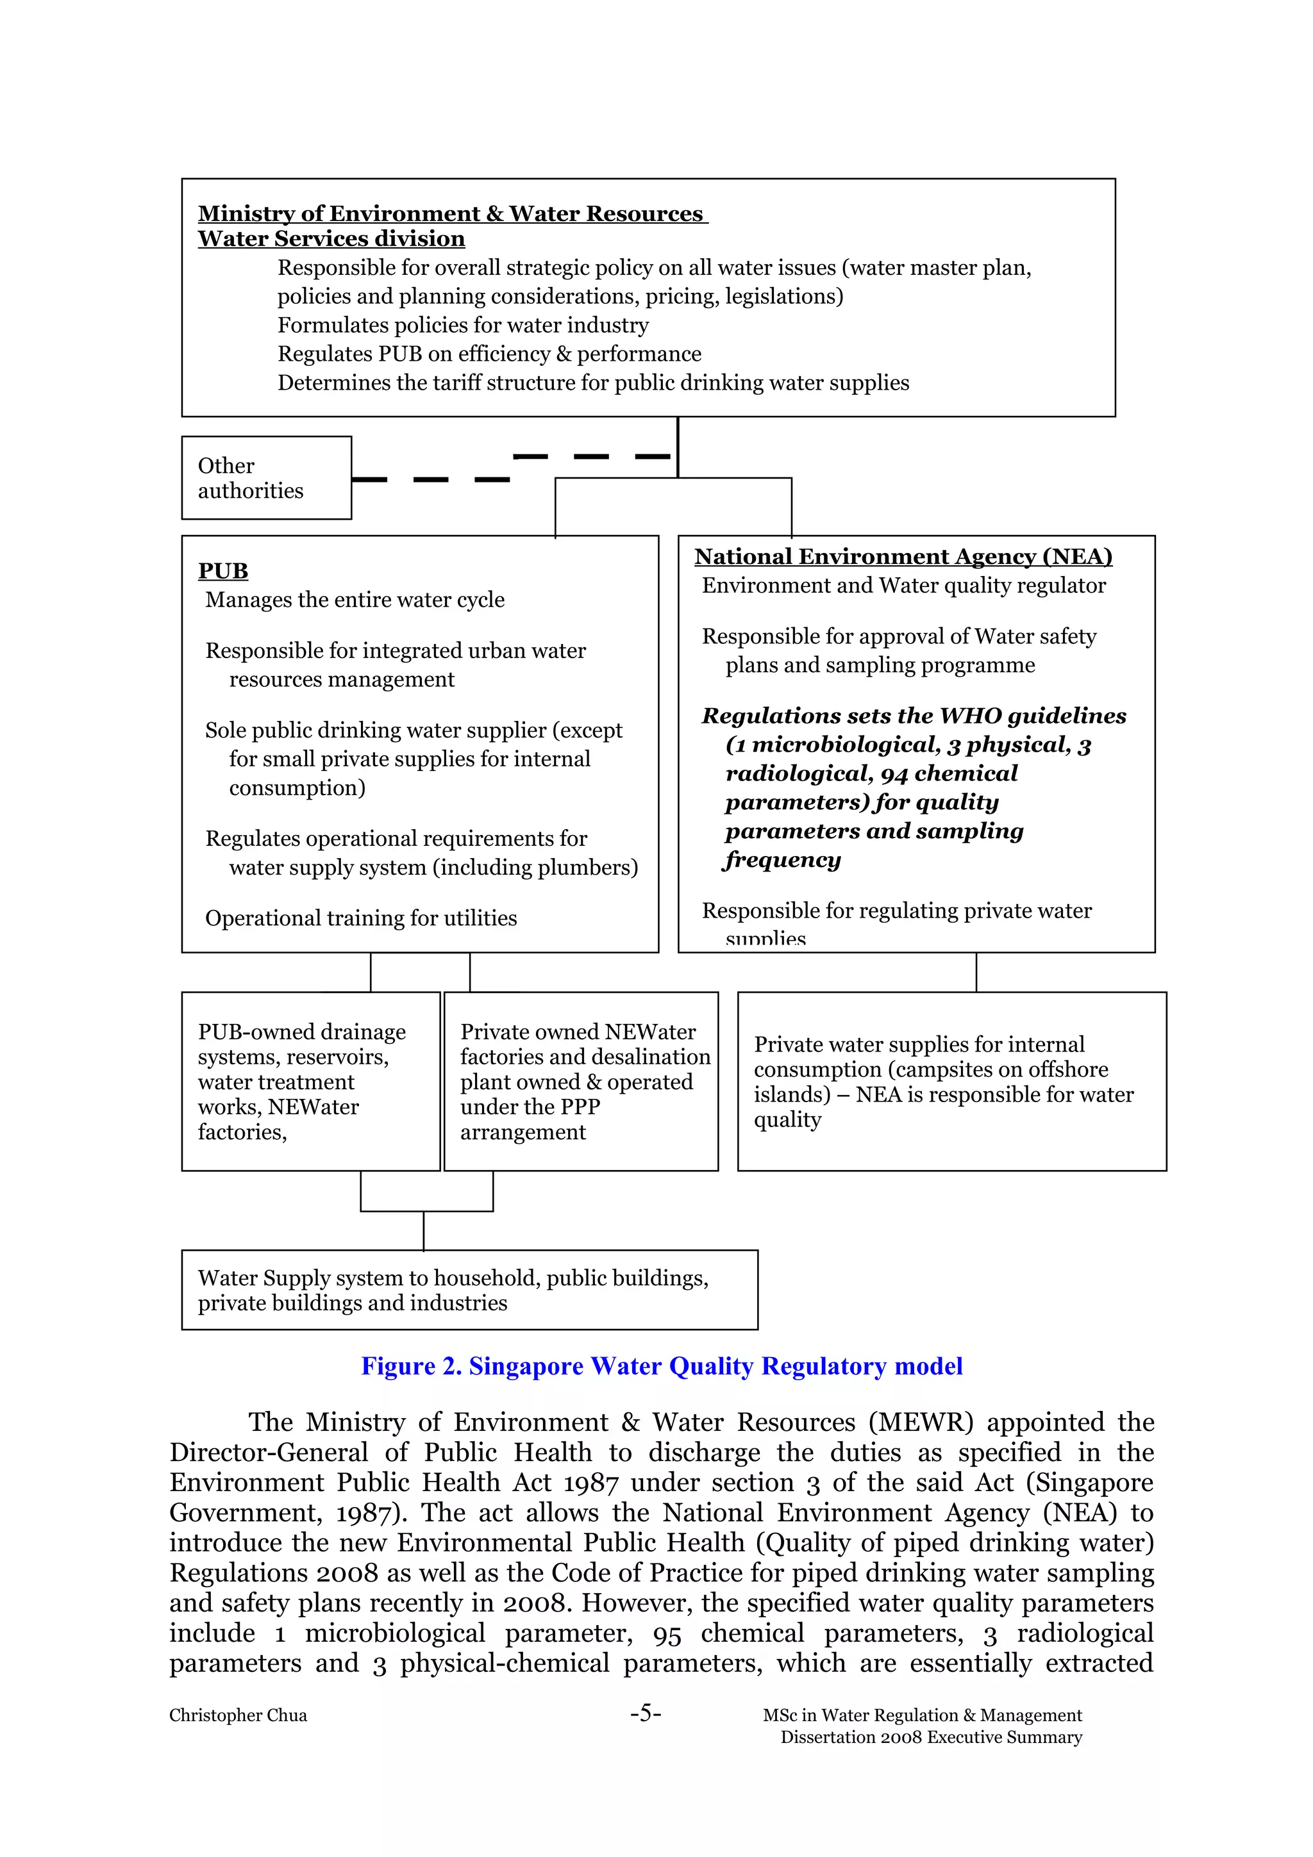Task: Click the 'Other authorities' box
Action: click(x=265, y=478)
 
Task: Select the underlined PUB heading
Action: click(x=222, y=571)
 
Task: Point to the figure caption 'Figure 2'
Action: click(x=661, y=1366)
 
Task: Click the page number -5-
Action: click(x=645, y=1713)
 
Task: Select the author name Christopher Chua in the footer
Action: click(x=238, y=1715)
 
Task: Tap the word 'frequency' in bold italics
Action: click(x=782, y=860)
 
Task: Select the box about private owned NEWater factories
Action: click(x=581, y=1082)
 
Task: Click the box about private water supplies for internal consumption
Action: click(x=951, y=1082)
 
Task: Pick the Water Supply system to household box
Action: click(x=469, y=1290)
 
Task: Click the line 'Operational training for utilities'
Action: click(x=361, y=918)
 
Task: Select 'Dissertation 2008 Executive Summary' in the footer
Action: click(x=930, y=1737)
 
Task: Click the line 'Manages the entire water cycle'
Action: click(x=355, y=600)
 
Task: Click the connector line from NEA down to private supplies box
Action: click(x=976, y=972)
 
